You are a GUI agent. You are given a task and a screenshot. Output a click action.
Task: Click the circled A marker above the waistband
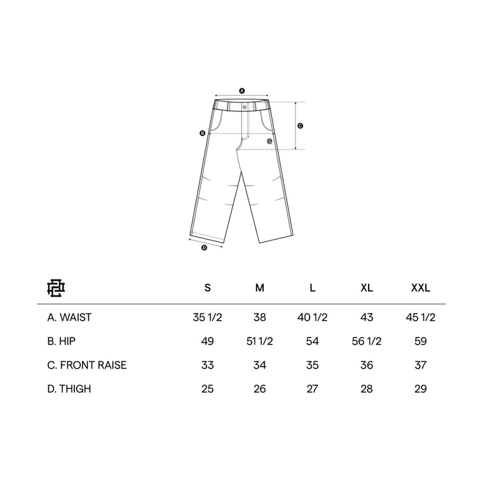tap(241, 91)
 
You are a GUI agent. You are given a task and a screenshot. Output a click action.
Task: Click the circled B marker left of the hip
tap(202, 133)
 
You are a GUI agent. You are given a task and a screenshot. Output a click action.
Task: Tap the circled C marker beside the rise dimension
tap(301, 126)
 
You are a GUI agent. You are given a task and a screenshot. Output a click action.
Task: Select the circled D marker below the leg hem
tap(204, 248)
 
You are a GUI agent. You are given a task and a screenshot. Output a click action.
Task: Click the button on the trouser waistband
tap(245, 107)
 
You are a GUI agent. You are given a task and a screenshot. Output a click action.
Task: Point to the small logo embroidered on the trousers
tap(269, 141)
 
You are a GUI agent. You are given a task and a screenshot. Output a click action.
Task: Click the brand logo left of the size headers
tap(56, 288)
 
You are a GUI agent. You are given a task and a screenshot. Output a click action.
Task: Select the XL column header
tap(367, 288)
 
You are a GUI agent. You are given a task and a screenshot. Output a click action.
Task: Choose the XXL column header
tap(421, 288)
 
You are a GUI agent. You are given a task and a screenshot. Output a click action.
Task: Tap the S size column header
tap(208, 288)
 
